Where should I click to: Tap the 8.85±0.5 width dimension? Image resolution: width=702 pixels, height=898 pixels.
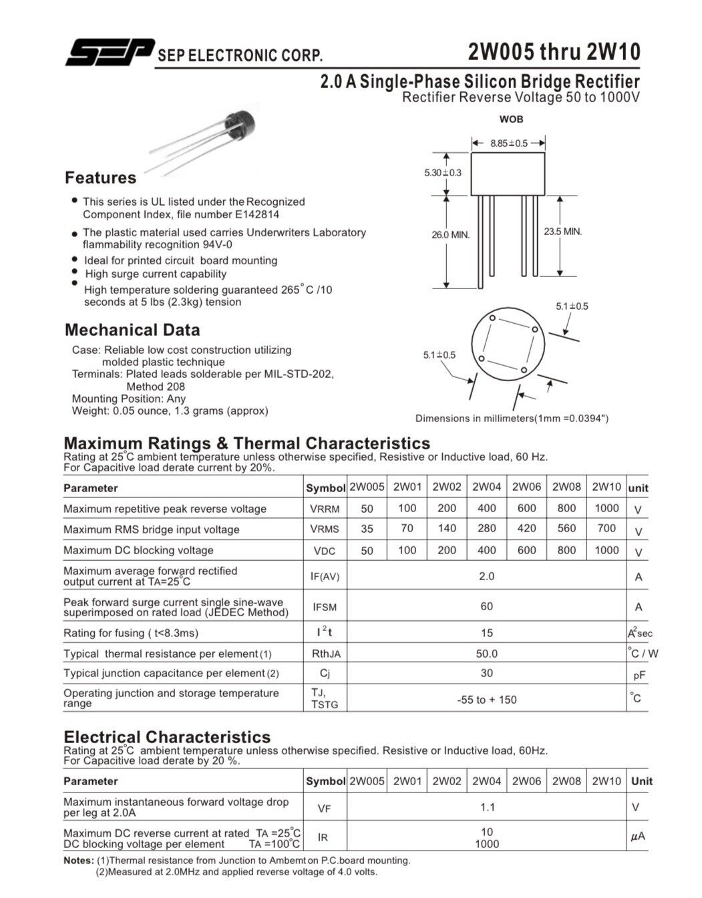point(508,144)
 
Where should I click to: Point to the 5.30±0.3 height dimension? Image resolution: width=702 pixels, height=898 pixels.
point(442,173)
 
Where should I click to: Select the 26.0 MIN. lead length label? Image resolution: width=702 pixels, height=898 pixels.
point(451,235)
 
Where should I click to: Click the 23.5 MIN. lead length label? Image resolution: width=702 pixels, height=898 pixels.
point(562,232)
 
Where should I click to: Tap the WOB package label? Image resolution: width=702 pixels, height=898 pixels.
point(512,120)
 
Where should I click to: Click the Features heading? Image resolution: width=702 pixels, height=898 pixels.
point(100,178)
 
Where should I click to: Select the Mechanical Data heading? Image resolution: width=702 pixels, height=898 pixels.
point(132,330)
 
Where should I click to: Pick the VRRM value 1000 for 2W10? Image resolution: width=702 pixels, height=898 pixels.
point(606,508)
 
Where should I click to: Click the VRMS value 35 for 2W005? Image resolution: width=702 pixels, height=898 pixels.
point(367,529)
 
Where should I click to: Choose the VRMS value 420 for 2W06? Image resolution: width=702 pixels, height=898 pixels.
point(526,528)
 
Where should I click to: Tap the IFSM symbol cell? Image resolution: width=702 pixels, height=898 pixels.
point(325,607)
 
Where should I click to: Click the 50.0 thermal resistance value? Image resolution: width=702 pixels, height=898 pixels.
point(487,654)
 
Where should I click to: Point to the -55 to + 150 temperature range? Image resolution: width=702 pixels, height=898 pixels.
point(487,700)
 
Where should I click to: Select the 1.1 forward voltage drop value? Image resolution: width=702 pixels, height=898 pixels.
point(488,807)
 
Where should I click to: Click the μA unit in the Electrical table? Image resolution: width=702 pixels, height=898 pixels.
point(638,837)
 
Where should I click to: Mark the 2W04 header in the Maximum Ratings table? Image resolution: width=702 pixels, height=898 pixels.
point(486,487)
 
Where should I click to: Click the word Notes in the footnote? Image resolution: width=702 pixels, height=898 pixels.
point(79,861)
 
